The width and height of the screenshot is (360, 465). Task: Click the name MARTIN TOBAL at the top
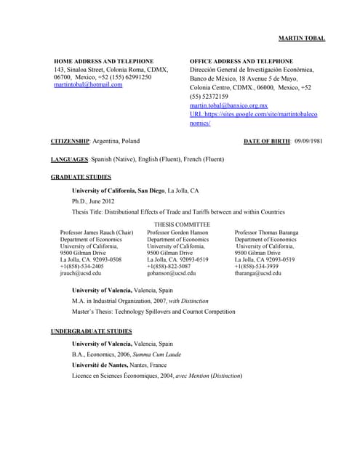click(x=302, y=38)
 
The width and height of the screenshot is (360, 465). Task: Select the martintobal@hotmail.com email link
click(x=88, y=85)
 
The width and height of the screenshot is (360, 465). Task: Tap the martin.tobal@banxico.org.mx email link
click(x=228, y=105)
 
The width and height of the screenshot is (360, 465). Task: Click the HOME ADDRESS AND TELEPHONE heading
click(x=104, y=60)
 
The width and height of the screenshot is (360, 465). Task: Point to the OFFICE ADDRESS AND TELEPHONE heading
click(x=241, y=60)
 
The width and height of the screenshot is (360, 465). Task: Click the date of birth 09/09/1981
click(x=308, y=140)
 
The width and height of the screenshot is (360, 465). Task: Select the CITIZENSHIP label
click(x=70, y=140)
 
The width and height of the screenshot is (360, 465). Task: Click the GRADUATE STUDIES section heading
click(x=81, y=177)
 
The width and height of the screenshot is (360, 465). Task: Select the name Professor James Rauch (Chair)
click(x=96, y=232)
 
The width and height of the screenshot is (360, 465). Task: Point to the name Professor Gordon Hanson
click(x=177, y=232)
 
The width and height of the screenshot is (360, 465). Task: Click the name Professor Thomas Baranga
click(x=266, y=232)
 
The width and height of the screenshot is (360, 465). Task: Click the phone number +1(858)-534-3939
click(x=262, y=266)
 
